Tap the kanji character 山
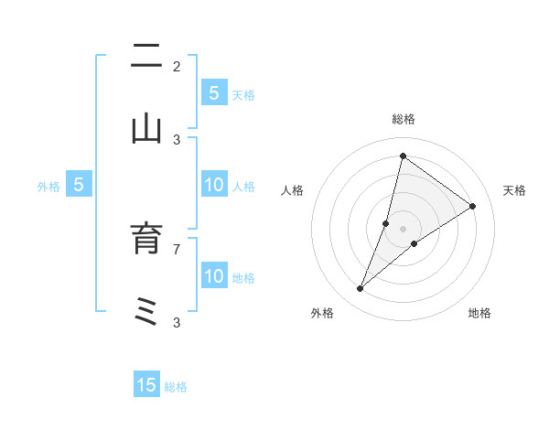146,129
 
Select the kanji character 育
146,240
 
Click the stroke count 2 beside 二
177,67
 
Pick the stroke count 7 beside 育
177,248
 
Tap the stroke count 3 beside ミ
177,322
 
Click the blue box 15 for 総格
146,385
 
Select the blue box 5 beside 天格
213,92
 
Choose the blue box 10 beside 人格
213,185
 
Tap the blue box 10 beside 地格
213,276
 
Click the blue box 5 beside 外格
79,185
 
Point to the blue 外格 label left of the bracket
48,186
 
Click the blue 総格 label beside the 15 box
176,386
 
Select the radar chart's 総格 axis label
404,119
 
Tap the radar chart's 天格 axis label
514,190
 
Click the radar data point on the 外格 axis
361,289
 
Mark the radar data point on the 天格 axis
473,206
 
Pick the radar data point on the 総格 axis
403,156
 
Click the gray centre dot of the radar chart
404,229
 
